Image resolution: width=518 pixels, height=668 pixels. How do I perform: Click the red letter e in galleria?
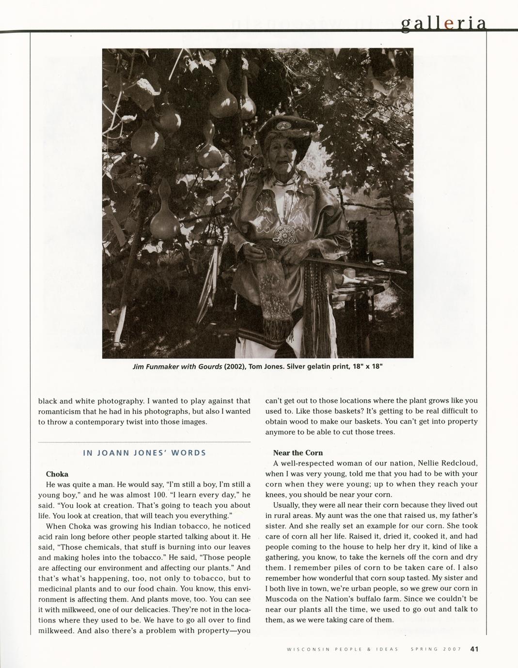pos(449,24)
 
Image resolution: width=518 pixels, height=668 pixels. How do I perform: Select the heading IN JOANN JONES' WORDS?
pos(144,453)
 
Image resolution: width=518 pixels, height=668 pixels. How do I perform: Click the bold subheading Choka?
pos(57,474)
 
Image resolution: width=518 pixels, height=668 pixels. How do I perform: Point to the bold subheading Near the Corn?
pos(298,453)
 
